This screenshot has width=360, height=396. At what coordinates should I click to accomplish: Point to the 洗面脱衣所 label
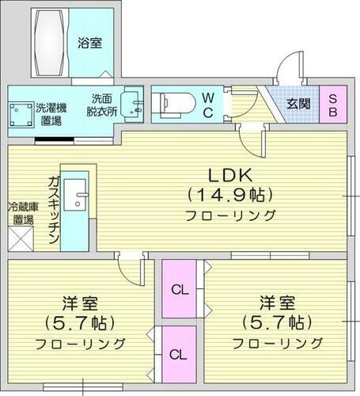click(x=102, y=105)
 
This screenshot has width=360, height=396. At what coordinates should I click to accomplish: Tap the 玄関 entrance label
click(x=298, y=104)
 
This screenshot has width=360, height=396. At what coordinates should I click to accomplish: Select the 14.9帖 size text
click(x=229, y=194)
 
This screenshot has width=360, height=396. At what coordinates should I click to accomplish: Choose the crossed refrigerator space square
click(x=21, y=237)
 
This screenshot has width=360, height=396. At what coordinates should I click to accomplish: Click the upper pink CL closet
click(x=181, y=290)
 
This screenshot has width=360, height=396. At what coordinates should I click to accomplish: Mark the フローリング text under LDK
click(x=230, y=215)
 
